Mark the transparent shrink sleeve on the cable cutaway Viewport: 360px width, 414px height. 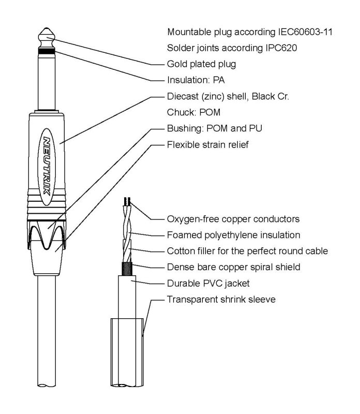coord(128,352)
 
